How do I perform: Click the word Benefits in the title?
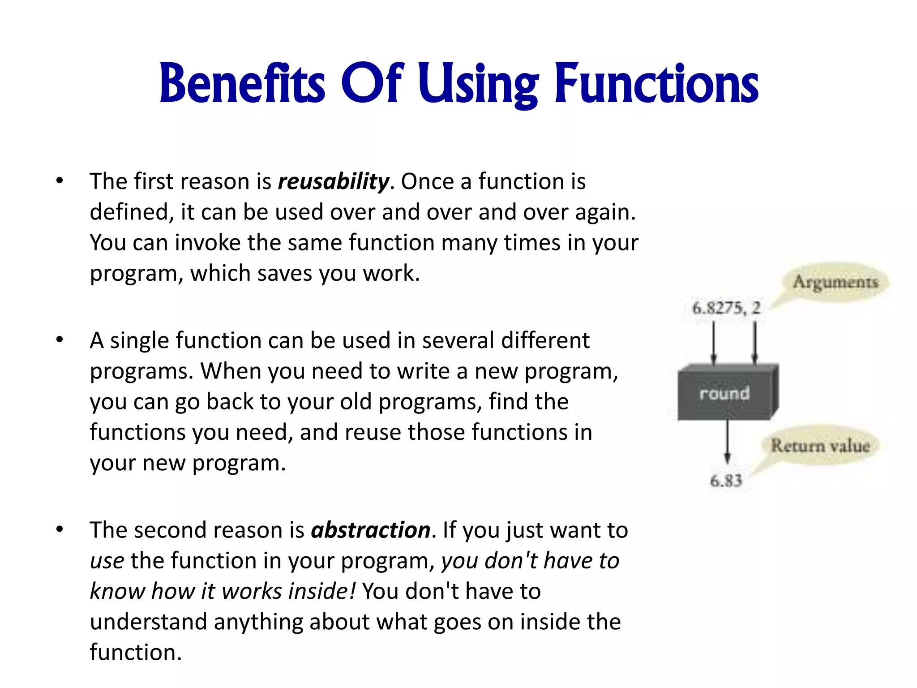[242, 84]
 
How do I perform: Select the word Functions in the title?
[656, 84]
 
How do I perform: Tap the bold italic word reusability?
[333, 182]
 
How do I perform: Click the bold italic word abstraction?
[371, 530]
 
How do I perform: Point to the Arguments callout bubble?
[836, 282]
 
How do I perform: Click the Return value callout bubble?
[820, 445]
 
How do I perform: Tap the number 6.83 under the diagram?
[726, 481]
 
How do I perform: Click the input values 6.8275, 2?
[726, 308]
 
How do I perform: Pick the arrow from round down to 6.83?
[727, 441]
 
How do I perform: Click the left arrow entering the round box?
[714, 343]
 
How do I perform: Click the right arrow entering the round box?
[755, 343]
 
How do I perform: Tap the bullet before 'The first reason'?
[60, 181]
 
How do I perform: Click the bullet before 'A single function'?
[60, 340]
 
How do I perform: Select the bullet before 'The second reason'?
[60, 530]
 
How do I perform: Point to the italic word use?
[107, 561]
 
